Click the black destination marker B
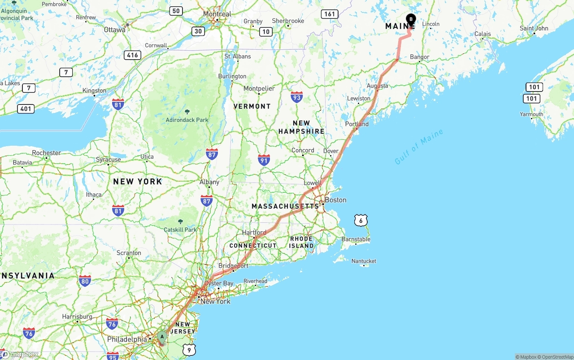(411, 19)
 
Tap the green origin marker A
(162, 337)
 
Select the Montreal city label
(217, 14)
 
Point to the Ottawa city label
(115, 30)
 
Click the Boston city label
(335, 200)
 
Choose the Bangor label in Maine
(420, 57)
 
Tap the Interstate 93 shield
(296, 97)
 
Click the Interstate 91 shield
(264, 160)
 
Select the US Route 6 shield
(361, 220)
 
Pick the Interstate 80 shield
(85, 281)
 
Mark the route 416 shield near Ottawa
(132, 55)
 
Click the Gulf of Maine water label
(419, 147)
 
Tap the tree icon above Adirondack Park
(187, 112)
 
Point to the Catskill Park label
(180, 230)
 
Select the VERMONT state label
(252, 106)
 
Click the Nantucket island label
(364, 261)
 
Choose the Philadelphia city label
(127, 339)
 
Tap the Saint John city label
(534, 28)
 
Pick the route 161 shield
(330, 14)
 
